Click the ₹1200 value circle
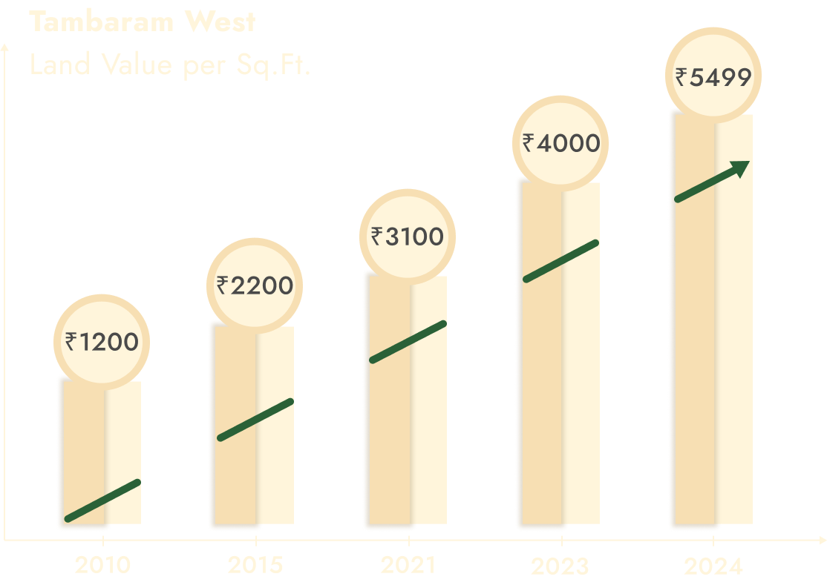pos(102,342)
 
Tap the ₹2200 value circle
pos(255,285)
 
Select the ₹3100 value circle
pos(408,237)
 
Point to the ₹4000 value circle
pos(560,142)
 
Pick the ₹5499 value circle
pos(713,76)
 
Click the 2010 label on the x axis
pos(102,566)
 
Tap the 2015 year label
pos(255,566)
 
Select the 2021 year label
pos(408,566)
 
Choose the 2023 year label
pos(560,567)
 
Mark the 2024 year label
pos(713,567)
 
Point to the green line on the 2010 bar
pos(102,501)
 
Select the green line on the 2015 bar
pos(255,420)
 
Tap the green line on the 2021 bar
pos(408,342)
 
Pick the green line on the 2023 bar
pos(560,261)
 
